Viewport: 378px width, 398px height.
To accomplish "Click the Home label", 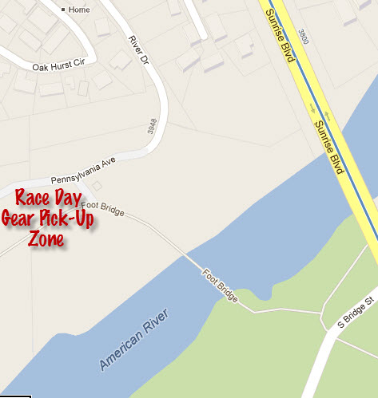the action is point(80,10).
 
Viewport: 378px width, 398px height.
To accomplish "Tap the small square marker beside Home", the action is point(63,10).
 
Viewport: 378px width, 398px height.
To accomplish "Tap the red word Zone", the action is point(46,239).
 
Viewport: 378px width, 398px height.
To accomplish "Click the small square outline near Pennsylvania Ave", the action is point(97,185).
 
